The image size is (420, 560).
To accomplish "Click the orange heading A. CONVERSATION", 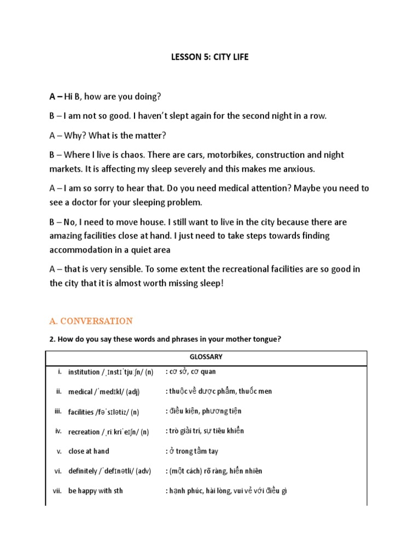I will coord(91,321).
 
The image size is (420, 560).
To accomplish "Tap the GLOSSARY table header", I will coord(206,357).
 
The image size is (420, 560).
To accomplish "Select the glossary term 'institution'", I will coord(83,372).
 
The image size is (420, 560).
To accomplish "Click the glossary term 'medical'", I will coord(80,392).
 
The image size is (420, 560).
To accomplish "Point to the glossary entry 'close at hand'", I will coord(89,451).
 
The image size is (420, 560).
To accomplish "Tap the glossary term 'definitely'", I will coord(85,471).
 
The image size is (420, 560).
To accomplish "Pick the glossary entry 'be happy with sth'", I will coord(95,491).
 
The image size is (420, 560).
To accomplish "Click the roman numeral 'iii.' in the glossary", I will coord(58,411).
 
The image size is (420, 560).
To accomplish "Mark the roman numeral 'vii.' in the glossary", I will coord(57,491).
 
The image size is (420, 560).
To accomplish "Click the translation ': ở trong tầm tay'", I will coord(191,451).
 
